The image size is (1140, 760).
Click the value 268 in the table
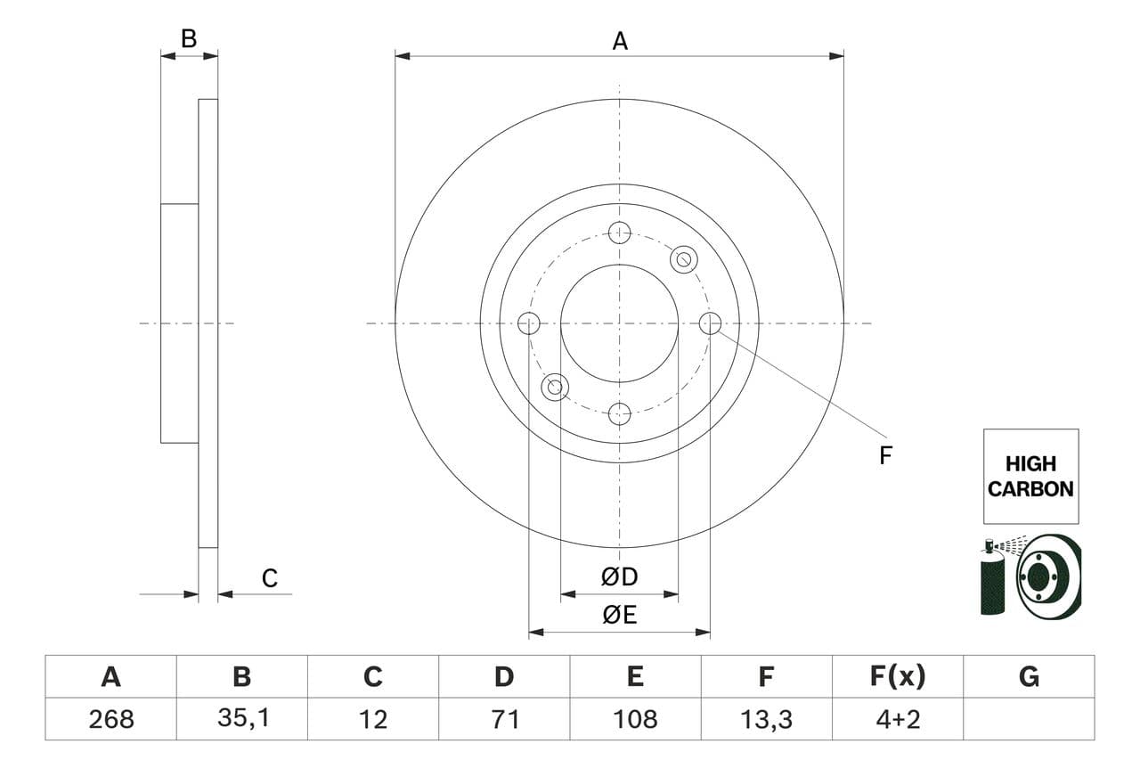pos(110,719)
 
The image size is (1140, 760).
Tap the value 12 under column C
pos(372,719)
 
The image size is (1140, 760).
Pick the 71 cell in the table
pos(504,719)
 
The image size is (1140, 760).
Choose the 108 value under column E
pos(635,719)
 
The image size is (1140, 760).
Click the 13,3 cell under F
pos(766,719)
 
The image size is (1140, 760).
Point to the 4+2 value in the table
pos(897,719)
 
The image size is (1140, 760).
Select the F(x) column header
pos(897,677)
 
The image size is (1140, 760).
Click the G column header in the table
pos(1029,677)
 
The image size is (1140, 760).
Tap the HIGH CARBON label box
pos(1030,476)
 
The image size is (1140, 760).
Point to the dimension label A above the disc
pos(620,41)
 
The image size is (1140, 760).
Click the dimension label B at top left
pos(188,39)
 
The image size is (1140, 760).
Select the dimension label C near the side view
pos(270,579)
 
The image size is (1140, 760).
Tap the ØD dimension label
pos(620,577)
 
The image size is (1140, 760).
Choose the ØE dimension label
pos(620,616)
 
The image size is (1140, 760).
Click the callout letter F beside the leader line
pos(885,456)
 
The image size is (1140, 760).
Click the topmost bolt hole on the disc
pos(619,233)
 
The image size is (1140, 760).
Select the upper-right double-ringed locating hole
pos(683,259)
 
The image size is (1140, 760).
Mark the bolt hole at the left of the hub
pos(529,323)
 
